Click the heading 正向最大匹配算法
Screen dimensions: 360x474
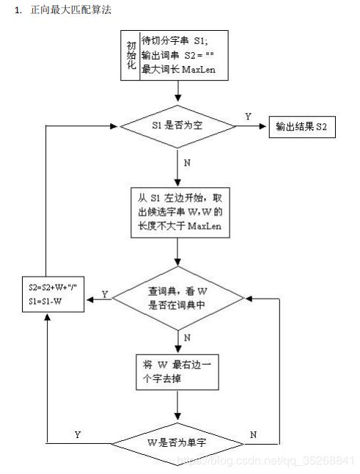point(71,10)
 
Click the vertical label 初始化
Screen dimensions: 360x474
point(131,55)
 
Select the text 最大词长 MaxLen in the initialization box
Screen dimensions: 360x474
point(178,70)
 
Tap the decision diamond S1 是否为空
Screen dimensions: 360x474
point(177,126)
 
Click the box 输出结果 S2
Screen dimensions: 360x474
point(302,127)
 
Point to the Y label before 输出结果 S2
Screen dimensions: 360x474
point(248,117)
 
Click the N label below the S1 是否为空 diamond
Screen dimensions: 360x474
point(187,163)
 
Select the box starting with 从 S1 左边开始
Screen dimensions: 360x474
point(180,213)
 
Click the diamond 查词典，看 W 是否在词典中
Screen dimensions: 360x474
point(178,298)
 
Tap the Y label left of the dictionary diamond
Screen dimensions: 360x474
point(105,294)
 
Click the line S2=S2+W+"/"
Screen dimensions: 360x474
point(53,287)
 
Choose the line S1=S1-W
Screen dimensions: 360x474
point(45,301)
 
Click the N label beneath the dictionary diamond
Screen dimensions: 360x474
point(187,338)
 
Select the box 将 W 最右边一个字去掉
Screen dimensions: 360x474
point(177,372)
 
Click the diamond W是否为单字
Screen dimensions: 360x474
point(177,444)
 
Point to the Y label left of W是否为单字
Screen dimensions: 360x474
point(78,434)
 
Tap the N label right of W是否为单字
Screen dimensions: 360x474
point(254,434)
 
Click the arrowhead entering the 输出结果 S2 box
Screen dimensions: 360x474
point(262,126)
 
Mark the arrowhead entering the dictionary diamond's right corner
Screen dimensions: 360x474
point(249,299)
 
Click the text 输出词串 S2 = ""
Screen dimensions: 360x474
point(178,55)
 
